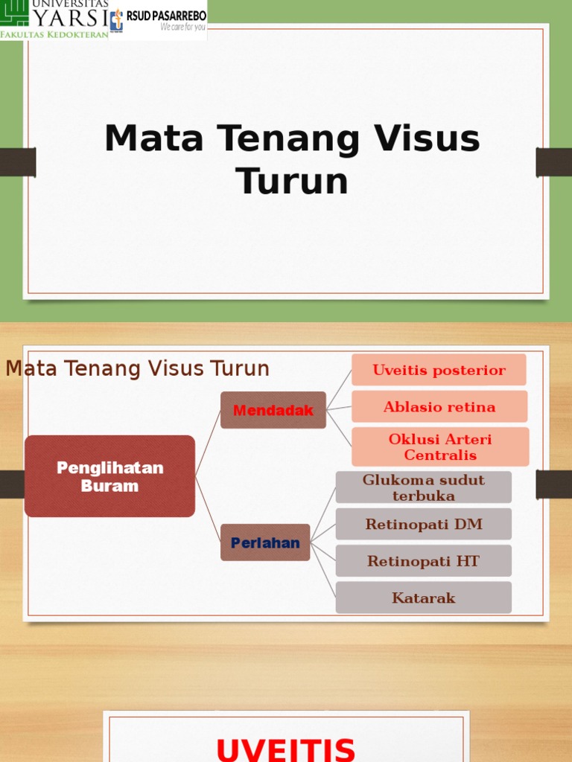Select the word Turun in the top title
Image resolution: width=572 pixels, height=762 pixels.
click(x=292, y=181)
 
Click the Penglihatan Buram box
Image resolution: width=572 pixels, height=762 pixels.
click(x=109, y=476)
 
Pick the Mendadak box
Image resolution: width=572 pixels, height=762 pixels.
click(x=273, y=410)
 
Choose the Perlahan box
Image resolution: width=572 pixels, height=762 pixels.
click(x=265, y=542)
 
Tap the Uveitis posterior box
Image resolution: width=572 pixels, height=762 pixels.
click(x=439, y=370)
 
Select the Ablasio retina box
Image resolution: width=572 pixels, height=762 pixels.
click(x=439, y=406)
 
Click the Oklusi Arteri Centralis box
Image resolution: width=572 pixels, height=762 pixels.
click(x=440, y=446)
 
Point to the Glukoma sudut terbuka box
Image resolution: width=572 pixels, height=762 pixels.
click(x=423, y=487)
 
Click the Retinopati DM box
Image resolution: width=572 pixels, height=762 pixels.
click(x=423, y=524)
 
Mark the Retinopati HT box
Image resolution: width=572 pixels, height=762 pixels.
click(x=423, y=560)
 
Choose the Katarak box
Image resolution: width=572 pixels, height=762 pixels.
click(x=423, y=598)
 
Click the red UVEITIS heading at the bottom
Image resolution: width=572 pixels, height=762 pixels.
click(x=286, y=747)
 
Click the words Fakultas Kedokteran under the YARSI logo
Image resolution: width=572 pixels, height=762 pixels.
click(x=54, y=34)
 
